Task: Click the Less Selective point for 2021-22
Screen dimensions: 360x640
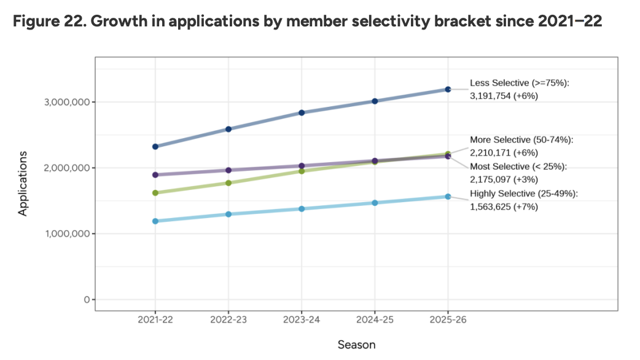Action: click(x=155, y=146)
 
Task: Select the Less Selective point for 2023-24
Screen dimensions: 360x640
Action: click(x=302, y=112)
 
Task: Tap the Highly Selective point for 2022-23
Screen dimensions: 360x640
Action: click(x=228, y=214)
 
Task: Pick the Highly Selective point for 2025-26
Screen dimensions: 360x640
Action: click(x=448, y=197)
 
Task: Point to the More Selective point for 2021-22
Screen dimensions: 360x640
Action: click(x=155, y=193)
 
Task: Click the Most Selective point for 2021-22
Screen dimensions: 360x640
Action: click(x=155, y=174)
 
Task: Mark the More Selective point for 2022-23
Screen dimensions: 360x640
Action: click(x=228, y=183)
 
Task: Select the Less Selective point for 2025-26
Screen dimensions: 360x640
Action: click(x=448, y=89)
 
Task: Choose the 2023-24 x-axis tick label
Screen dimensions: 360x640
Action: click(x=302, y=321)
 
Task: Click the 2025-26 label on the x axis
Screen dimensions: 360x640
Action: click(x=448, y=321)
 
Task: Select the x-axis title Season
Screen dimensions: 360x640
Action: click(x=356, y=345)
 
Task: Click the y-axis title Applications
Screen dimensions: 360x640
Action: click(x=23, y=182)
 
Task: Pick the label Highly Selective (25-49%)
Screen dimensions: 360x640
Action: click(x=524, y=194)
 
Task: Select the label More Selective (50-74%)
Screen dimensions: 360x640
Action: click(x=521, y=140)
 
